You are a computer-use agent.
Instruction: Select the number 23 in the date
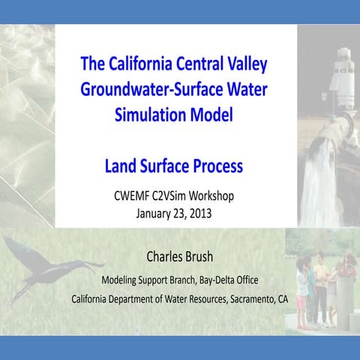click(x=179, y=212)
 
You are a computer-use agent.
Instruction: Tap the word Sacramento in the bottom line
click(x=246, y=298)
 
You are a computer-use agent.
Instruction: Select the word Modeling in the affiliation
click(x=119, y=280)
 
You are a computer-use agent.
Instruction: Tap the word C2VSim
click(x=169, y=197)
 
